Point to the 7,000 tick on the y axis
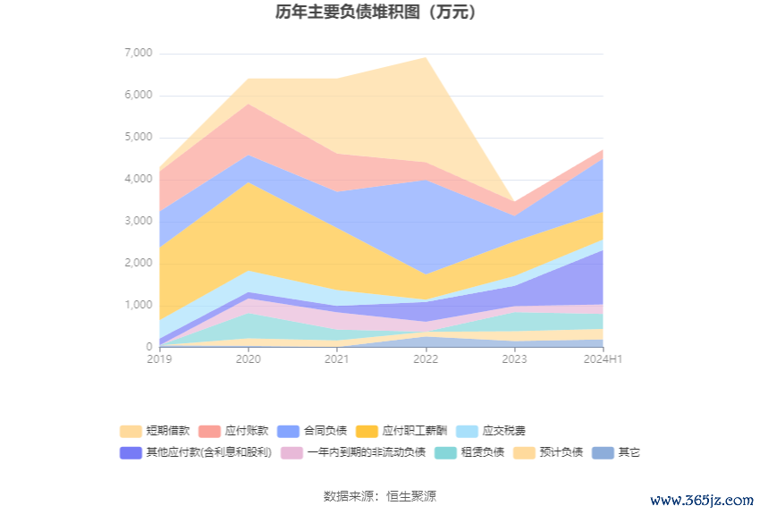coord(138,54)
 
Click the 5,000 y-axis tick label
coord(138,138)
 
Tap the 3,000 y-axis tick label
coord(138,222)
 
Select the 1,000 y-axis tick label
coord(138,306)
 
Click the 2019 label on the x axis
coord(159,359)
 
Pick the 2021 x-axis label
coord(336,359)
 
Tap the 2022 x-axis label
coord(425,359)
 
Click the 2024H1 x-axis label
coord(603,359)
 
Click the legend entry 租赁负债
coord(469,452)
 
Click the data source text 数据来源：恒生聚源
coord(379,496)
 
